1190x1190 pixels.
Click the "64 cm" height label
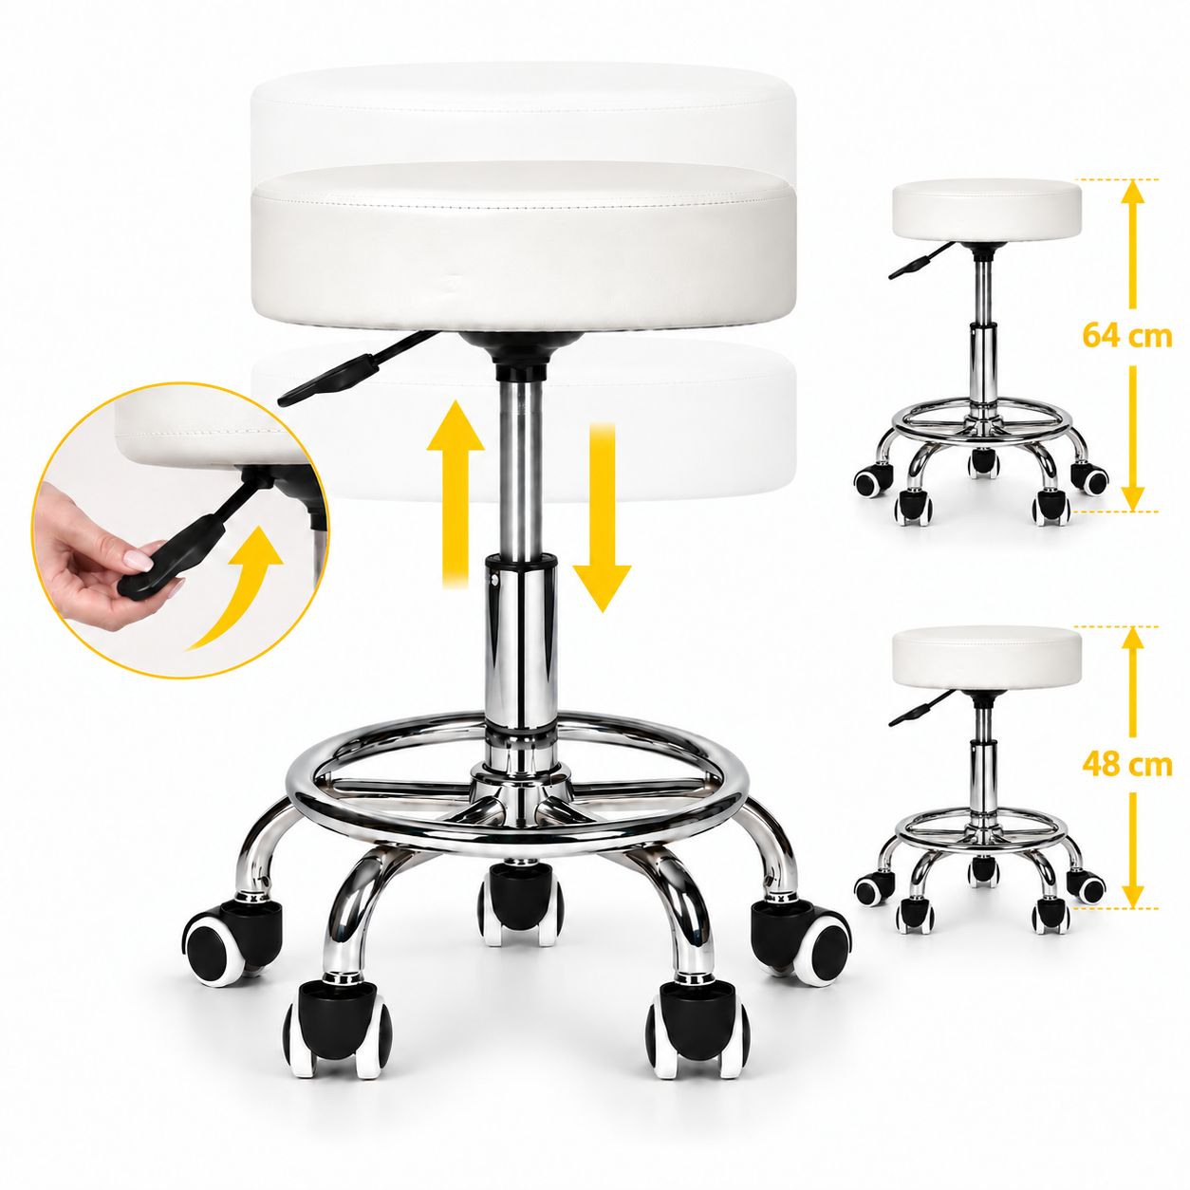click(1127, 337)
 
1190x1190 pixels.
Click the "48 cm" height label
click(1127, 765)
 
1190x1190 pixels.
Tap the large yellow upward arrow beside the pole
click(456, 493)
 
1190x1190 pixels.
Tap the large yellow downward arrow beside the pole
click(602, 517)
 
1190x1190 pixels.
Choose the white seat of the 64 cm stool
click(987, 212)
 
